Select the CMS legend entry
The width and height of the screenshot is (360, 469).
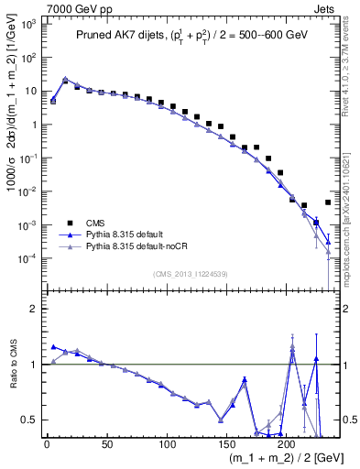point(94,221)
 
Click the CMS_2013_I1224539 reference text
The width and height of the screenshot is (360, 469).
point(191,272)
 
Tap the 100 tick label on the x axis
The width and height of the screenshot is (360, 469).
point(166,445)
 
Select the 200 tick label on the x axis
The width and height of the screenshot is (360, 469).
point(286,445)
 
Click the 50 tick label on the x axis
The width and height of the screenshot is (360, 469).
point(106,445)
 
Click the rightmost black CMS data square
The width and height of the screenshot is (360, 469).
point(328,202)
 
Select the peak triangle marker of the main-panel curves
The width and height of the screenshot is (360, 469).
point(65,80)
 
